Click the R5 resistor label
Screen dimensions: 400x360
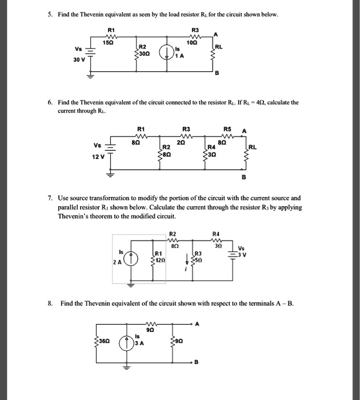pyautogui.click(x=228, y=129)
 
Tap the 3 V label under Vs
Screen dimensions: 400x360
pyautogui.click(x=243, y=254)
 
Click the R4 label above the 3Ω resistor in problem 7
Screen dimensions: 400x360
pyautogui.click(x=215, y=233)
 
